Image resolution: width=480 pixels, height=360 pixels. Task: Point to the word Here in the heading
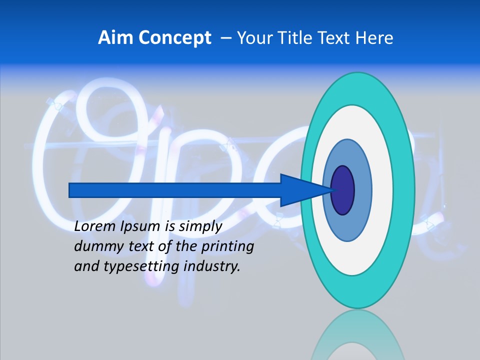coord(374,37)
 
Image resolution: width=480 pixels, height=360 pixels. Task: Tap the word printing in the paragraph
coord(227,247)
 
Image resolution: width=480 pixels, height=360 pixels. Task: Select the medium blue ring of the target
coord(362,190)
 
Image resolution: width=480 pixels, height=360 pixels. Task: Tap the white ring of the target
coord(382,190)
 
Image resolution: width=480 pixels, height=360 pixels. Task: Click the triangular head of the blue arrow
coord(300,190)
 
